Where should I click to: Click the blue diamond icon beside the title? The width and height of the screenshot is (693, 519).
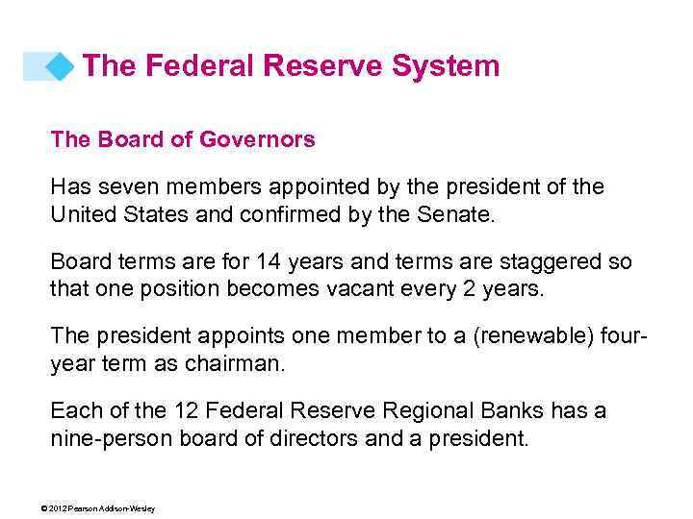point(60,66)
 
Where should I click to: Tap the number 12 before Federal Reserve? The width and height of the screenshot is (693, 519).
point(187,412)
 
